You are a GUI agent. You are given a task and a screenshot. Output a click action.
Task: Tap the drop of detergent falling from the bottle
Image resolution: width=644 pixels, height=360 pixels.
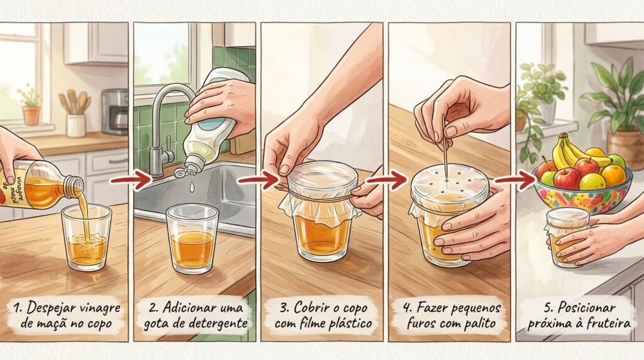point(191,188)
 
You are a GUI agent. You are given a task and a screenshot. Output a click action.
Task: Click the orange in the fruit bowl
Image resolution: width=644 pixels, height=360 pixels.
point(613,175)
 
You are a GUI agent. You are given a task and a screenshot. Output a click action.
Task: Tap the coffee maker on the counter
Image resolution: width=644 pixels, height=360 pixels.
point(114,112)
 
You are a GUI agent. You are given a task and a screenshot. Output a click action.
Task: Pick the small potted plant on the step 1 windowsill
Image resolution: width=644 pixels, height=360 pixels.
point(31,105)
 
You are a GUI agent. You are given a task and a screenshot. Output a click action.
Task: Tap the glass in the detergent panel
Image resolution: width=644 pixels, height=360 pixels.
point(192,239)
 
